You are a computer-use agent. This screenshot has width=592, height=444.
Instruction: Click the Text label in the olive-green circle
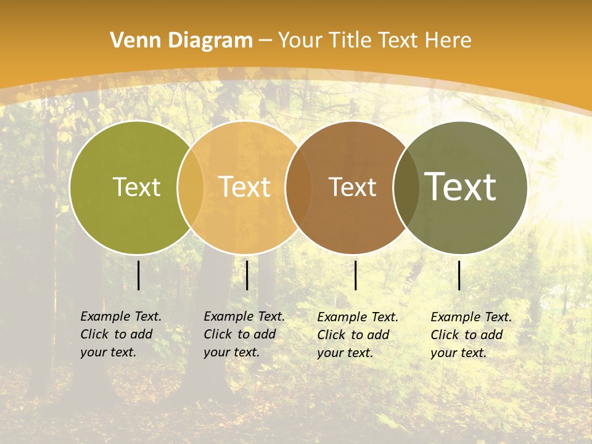pos(136,187)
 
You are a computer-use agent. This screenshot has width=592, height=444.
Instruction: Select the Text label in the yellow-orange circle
pos(244,187)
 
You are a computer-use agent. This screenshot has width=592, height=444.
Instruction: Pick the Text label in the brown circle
pos(352,187)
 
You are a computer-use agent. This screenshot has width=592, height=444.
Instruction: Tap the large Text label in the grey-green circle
pos(460,187)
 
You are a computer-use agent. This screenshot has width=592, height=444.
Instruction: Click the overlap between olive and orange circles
pos(191,187)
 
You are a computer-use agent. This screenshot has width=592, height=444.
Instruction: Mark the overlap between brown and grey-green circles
pos(406,187)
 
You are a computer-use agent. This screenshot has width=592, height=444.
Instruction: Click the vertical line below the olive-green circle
pos(138,275)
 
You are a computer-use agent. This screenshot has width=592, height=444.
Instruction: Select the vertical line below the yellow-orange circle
pos(247,275)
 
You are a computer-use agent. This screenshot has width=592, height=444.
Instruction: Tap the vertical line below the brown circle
pos(355,275)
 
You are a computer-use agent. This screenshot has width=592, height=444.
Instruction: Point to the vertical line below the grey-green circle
pos(459,275)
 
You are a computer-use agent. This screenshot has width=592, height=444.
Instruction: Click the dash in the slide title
pos(265,41)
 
